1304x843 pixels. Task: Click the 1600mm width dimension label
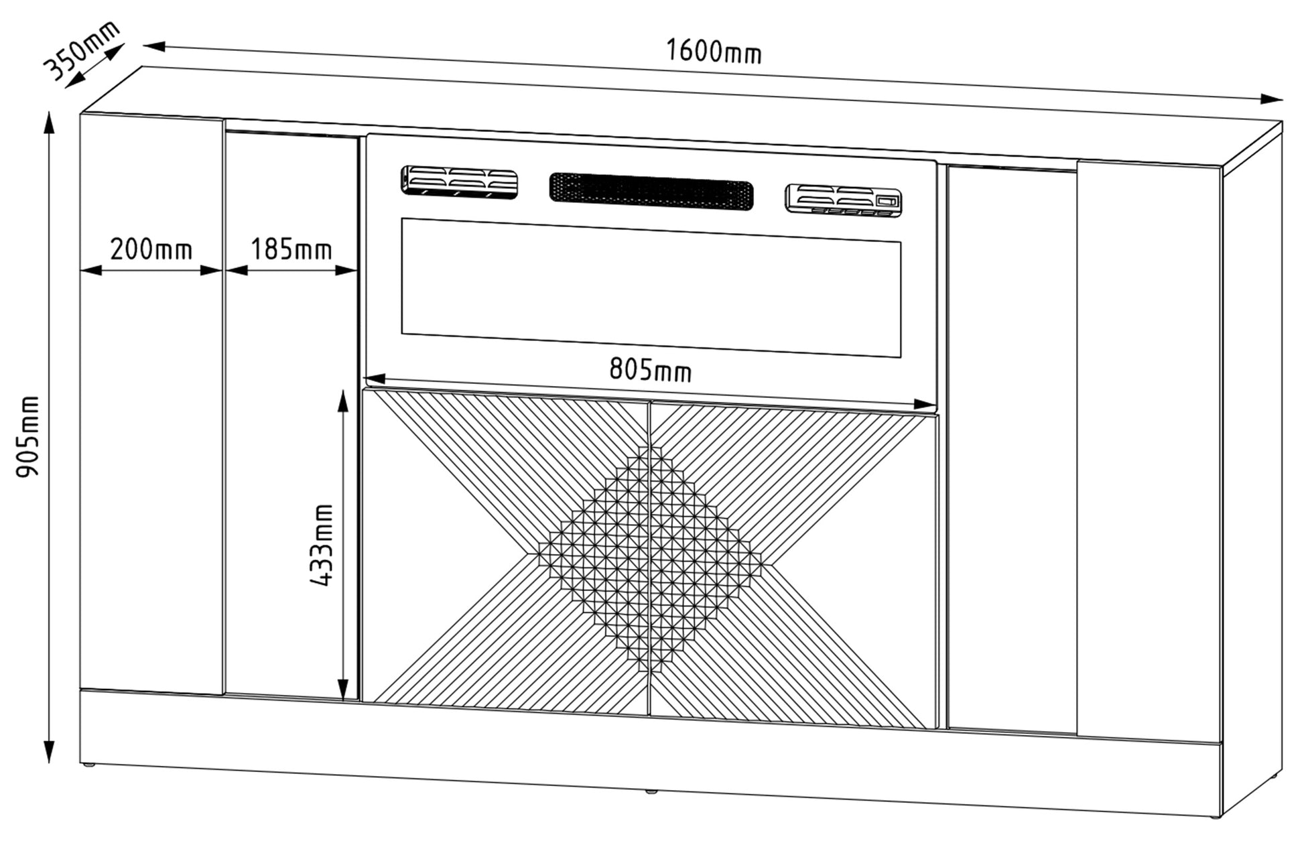(x=714, y=51)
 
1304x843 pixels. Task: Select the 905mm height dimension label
(x=27, y=436)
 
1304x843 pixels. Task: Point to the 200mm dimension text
(x=151, y=250)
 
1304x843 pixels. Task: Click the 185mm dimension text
(x=291, y=250)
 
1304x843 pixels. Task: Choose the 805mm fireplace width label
(x=650, y=369)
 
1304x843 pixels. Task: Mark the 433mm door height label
(x=323, y=545)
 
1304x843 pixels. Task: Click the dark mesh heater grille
(x=651, y=192)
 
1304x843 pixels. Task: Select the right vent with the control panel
(x=843, y=200)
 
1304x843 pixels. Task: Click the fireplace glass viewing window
(x=651, y=287)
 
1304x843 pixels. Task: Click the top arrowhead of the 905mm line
(x=48, y=123)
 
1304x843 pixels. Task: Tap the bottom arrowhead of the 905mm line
(x=48, y=752)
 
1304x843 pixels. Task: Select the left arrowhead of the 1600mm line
(x=155, y=46)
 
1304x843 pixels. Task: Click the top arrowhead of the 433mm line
(x=342, y=401)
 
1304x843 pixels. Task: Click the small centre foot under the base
(x=649, y=792)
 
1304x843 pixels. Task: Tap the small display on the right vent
(x=887, y=200)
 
